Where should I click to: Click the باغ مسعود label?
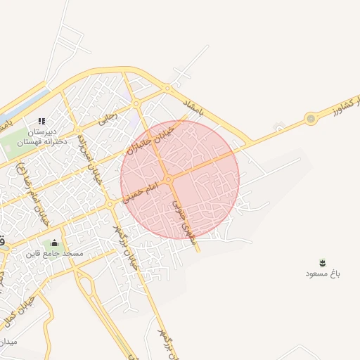point(322,273)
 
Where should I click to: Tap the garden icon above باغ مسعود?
point(323,262)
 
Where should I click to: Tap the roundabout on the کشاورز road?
point(310,119)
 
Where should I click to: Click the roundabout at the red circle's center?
point(169,181)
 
